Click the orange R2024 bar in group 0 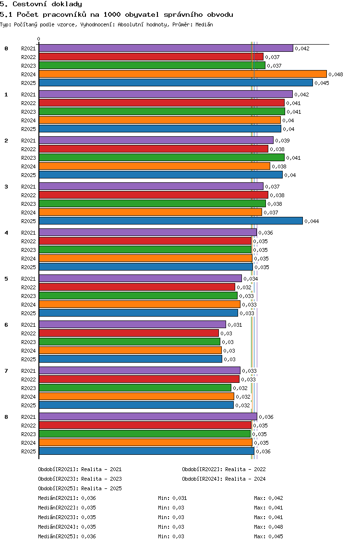pos(183,74)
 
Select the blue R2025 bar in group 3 pos(171,221)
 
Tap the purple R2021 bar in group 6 pos(132,324)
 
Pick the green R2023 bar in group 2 pos(162,157)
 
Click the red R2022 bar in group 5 pos(137,287)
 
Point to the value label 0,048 pos(336,74)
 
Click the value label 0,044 pos(312,221)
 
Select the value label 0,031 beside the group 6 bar pos(235,325)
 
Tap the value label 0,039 pos(282,141)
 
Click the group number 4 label pos(6,233)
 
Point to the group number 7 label pos(6,371)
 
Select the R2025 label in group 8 pos(28,451)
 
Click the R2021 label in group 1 pos(28,95)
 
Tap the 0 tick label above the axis pos(38,39)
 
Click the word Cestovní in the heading pos(30,4)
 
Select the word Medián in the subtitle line pos(204,24)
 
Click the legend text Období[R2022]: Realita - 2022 pos(224,469)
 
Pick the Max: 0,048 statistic pos(268,527)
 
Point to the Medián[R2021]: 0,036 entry pos(67,498)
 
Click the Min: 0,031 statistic pos(172,498)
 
